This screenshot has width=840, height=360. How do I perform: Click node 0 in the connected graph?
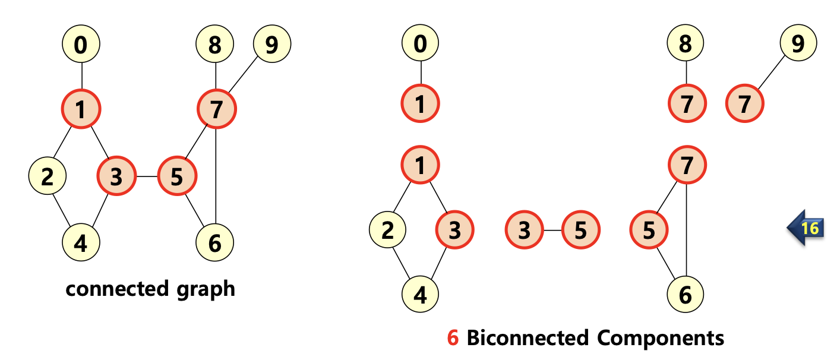pyautogui.click(x=81, y=44)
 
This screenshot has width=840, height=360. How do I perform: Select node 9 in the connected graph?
pyautogui.click(x=271, y=44)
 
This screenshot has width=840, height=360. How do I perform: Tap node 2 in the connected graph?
pyautogui.click(x=48, y=176)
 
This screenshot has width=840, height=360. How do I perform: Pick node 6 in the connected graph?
pyautogui.click(x=214, y=242)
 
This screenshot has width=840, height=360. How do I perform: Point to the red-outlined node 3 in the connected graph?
pyautogui.click(x=116, y=176)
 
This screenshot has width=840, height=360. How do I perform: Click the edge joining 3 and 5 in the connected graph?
pyautogui.click(x=147, y=176)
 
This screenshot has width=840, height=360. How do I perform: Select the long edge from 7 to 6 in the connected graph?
pyautogui.click(x=216, y=178)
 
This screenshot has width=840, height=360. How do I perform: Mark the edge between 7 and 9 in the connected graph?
pyautogui.click(x=244, y=76)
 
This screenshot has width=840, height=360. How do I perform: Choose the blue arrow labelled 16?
pyautogui.click(x=806, y=228)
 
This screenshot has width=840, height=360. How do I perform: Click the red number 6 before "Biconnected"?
pyautogui.click(x=453, y=338)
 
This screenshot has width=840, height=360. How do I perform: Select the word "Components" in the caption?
pyautogui.click(x=661, y=338)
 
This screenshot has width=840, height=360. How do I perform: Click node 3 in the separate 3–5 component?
pyautogui.click(x=523, y=230)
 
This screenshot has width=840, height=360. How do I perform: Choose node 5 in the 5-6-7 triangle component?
pyautogui.click(x=649, y=230)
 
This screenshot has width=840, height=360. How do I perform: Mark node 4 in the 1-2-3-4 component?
pyautogui.click(x=420, y=295)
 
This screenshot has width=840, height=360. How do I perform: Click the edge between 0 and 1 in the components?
pyautogui.click(x=421, y=73)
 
